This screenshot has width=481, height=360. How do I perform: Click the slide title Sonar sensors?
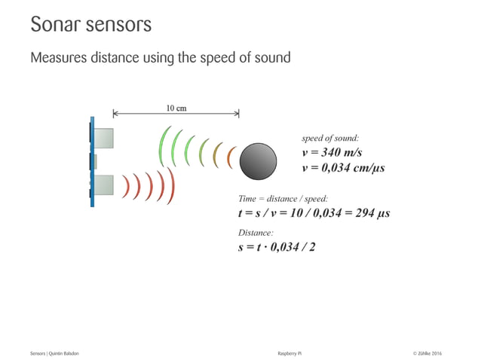coord(90,24)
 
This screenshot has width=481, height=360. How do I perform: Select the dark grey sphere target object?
coord(259,161)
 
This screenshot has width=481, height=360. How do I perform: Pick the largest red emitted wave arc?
coord(173,185)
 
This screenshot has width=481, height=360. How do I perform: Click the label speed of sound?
coord(330,138)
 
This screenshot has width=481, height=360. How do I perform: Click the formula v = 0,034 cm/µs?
coord(343,168)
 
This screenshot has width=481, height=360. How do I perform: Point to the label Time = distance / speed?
coord(283,199)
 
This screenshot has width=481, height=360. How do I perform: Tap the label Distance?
coord(256,233)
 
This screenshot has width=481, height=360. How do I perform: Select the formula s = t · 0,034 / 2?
coord(277,247)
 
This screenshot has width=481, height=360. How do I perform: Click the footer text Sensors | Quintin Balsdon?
coord(54,352)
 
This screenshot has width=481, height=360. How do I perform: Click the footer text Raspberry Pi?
coord(290,352)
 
